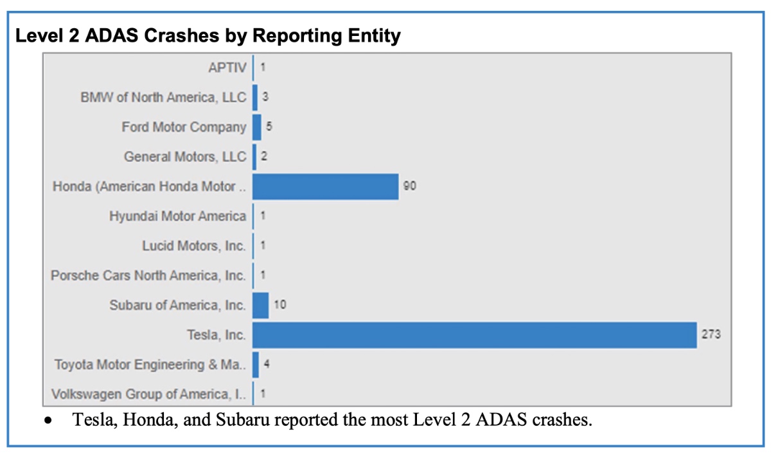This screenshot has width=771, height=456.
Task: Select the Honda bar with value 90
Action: click(325, 186)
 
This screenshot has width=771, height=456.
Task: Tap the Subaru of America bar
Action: click(260, 305)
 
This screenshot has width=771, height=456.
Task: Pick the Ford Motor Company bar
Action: click(257, 127)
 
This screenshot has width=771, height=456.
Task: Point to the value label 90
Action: click(410, 186)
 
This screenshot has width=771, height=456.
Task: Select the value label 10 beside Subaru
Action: click(279, 305)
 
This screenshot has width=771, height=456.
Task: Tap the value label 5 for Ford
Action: click(269, 127)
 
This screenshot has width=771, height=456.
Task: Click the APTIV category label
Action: click(227, 67)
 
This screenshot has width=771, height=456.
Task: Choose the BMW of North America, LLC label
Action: click(163, 98)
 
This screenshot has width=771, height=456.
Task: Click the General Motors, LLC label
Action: click(185, 157)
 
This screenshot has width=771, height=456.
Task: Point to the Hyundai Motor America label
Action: click(177, 216)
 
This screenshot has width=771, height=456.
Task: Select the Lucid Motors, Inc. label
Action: click(194, 246)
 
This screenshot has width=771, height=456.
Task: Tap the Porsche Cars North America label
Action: click(148, 276)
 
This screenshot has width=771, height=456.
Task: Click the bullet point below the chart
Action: click(48, 423)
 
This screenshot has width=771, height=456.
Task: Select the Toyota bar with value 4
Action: click(256, 365)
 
